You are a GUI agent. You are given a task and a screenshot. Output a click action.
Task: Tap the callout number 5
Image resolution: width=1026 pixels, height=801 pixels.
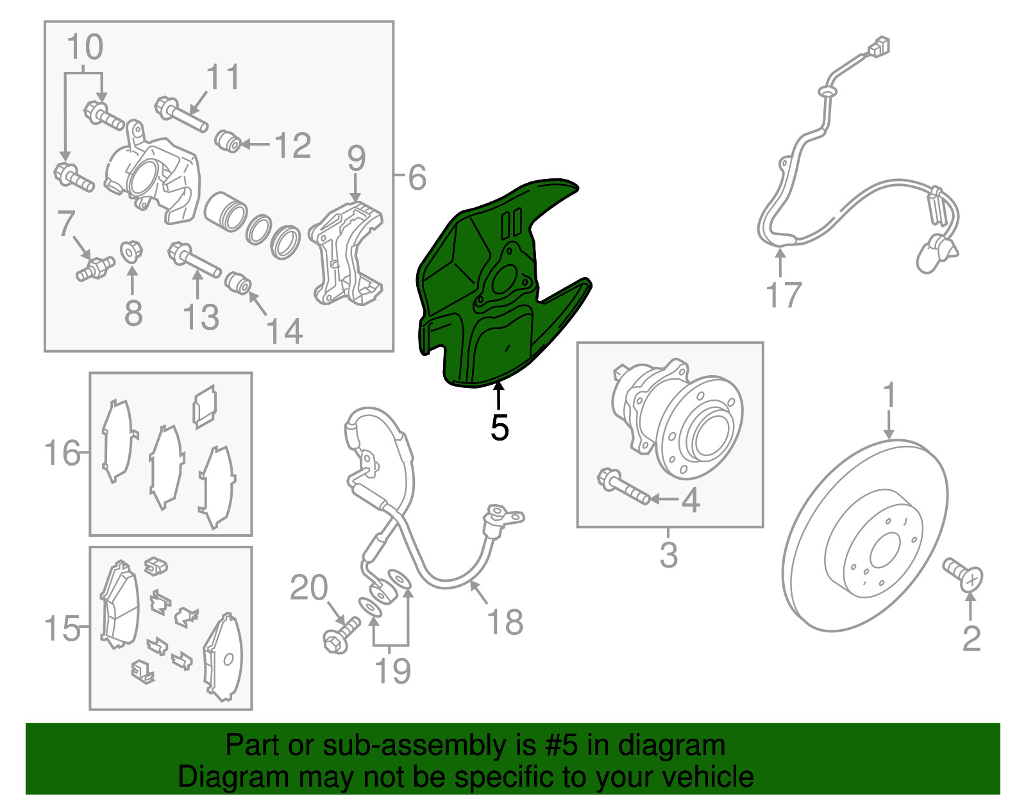499,428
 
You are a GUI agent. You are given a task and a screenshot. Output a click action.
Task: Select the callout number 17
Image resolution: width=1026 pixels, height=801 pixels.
784,295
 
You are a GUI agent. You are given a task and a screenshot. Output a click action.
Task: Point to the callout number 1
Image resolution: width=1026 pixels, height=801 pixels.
889,396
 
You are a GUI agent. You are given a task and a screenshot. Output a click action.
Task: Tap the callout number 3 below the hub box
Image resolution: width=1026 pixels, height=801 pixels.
668,555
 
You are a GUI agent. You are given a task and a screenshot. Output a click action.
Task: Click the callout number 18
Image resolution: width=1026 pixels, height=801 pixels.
505,622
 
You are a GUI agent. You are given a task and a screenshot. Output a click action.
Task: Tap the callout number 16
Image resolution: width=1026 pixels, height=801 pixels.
62,453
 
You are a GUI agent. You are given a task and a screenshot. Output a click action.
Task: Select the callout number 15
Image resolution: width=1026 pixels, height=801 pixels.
62,628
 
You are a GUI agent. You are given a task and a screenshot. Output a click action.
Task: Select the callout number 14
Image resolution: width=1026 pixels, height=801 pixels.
283,332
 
